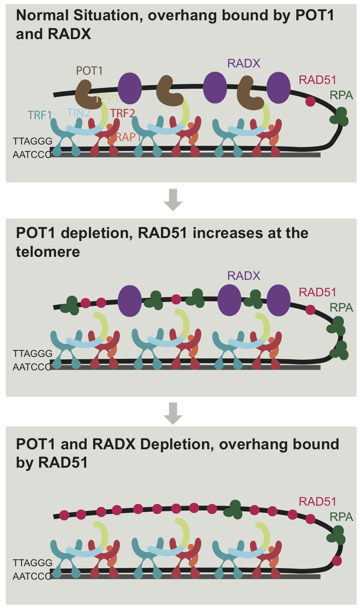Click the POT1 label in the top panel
pyautogui.click(x=89, y=71)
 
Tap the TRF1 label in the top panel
pyautogui.click(x=39, y=115)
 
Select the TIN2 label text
pyautogui.click(x=78, y=113)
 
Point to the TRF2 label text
pyautogui.click(x=122, y=113)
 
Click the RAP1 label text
pyautogui.click(x=128, y=137)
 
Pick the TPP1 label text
pyautogui.click(x=107, y=99)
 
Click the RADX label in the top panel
pyautogui.click(x=243, y=63)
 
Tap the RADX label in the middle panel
pyautogui.click(x=243, y=276)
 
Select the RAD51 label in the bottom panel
pyautogui.click(x=317, y=501)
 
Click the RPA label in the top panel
pyautogui.click(x=341, y=95)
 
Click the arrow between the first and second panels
pyautogui.click(x=173, y=200)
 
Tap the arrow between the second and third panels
pyautogui.click(x=173, y=413)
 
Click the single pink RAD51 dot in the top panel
pyautogui.click(x=310, y=102)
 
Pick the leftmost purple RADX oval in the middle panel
pyautogui.click(x=130, y=301)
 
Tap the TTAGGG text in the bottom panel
pyautogui.click(x=32, y=563)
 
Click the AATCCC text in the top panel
pyautogui.click(x=32, y=154)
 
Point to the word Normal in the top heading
pyautogui.click(x=43, y=15)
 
